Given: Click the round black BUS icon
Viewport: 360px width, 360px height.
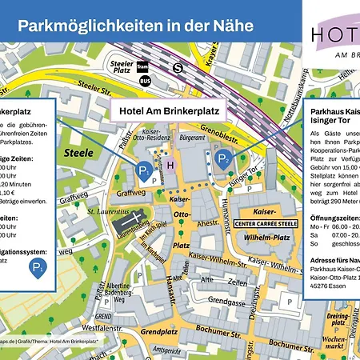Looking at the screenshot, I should coord(144,81).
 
